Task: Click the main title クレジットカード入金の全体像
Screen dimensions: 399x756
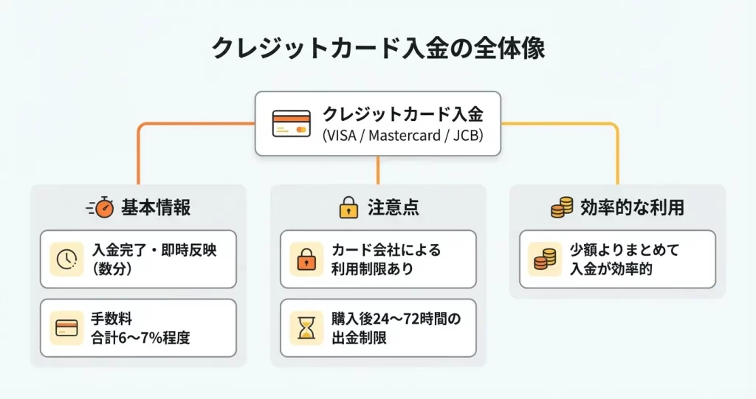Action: click(377, 48)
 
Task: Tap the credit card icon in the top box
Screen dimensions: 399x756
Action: click(290, 123)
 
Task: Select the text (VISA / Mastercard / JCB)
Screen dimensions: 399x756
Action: click(402, 136)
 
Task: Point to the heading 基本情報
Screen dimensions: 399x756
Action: click(156, 208)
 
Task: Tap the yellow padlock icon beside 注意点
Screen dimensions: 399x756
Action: click(348, 207)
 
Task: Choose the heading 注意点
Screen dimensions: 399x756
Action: click(394, 208)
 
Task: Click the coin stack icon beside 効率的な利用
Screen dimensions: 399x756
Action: click(562, 208)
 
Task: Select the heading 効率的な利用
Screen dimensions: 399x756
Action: click(632, 208)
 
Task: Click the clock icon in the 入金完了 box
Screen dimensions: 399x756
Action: click(66, 259)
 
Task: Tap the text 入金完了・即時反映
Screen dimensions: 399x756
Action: click(155, 250)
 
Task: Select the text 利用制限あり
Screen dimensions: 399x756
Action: click(372, 269)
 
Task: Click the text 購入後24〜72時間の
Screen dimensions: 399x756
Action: click(396, 319)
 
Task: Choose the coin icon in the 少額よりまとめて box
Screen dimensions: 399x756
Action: click(546, 259)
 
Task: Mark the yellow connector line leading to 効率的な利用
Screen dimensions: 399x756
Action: click(617, 148)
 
